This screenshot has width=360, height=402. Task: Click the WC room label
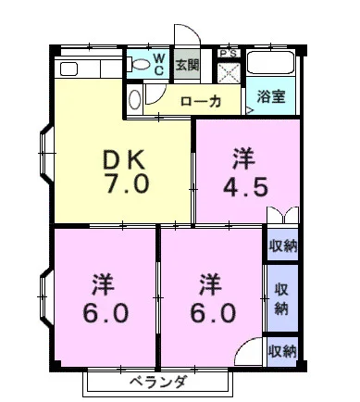[x=159, y=64]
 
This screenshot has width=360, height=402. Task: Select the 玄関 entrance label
[x=187, y=65]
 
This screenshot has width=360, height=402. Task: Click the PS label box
[x=229, y=54]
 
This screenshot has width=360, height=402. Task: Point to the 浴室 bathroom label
[x=271, y=96]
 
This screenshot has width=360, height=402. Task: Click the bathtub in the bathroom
[x=271, y=63]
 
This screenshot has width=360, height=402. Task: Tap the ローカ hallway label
[x=201, y=101]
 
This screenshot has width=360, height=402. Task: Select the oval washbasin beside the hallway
[x=135, y=99]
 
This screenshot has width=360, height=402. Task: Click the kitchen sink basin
[x=68, y=69]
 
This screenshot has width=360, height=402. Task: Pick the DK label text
[x=124, y=159]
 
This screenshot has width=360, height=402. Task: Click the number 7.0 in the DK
[x=127, y=183]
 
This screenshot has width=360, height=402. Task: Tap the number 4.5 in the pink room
[x=245, y=187]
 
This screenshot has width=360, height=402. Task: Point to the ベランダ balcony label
[x=157, y=383]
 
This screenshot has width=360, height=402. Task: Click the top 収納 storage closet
[x=282, y=245]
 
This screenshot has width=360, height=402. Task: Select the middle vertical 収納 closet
[x=282, y=298]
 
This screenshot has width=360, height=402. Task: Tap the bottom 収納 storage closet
[x=282, y=352]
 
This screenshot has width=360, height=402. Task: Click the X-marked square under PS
[x=229, y=73]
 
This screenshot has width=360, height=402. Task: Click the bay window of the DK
[x=45, y=154]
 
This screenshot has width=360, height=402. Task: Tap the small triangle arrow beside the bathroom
[x=250, y=110]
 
